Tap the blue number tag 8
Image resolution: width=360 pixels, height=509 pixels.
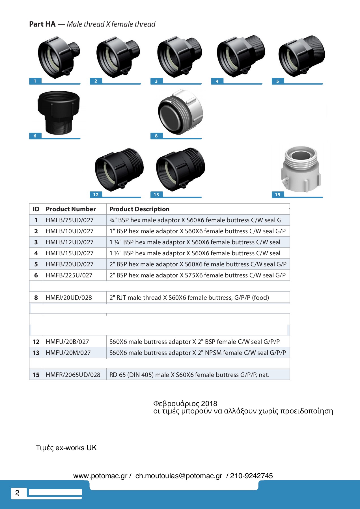(156, 136)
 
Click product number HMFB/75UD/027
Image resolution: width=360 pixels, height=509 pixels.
(70, 220)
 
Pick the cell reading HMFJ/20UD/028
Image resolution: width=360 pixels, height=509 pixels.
(69, 297)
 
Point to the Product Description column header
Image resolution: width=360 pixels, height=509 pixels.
(139, 209)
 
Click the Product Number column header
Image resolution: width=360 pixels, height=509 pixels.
(71, 209)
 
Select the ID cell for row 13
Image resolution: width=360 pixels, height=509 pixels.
(36, 353)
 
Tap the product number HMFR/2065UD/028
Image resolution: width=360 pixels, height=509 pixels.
(73, 375)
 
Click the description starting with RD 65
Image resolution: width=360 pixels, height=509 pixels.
(189, 375)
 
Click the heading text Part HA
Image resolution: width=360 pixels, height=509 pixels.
(42, 24)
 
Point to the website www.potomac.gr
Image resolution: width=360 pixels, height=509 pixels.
(100, 476)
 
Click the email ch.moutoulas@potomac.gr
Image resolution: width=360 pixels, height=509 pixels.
(179, 476)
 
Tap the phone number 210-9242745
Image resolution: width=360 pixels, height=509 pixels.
(251, 476)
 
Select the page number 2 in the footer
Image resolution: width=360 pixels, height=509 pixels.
(17, 493)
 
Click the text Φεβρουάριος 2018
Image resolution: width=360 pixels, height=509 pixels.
(185, 404)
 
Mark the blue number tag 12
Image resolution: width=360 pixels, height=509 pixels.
(96, 195)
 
